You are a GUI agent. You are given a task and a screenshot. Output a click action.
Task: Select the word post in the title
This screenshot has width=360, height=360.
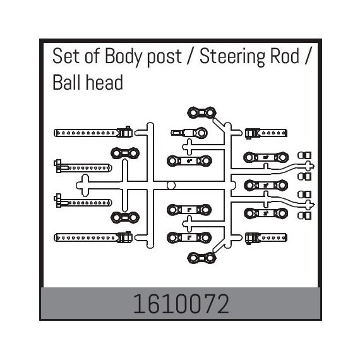pyautogui.click(x=164, y=59)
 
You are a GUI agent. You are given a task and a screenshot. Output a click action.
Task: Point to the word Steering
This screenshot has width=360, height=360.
pyautogui.click(x=232, y=57)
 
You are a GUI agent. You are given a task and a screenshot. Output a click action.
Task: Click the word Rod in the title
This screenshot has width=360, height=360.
pyautogui.click(x=285, y=56)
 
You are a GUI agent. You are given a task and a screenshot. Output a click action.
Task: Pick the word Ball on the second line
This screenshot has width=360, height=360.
pyautogui.click(x=67, y=83)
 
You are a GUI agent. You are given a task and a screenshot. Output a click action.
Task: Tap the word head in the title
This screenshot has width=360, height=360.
pyautogui.click(x=104, y=83)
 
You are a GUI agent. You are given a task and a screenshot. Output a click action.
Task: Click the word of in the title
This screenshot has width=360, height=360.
pyautogui.click(x=92, y=56)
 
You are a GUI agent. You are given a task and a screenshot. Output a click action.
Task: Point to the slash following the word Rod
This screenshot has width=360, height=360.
pyautogui.click(x=307, y=57)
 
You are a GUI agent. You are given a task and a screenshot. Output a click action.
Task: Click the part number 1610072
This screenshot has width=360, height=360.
pyautogui.click(x=181, y=304)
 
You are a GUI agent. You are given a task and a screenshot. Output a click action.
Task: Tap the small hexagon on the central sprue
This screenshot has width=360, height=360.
pyautogui.click(x=171, y=185)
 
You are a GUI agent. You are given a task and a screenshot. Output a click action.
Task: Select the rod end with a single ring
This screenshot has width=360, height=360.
pyautogui.click(x=189, y=133)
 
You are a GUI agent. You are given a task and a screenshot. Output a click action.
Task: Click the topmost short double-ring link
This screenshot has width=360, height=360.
pyautogui.click(x=202, y=112)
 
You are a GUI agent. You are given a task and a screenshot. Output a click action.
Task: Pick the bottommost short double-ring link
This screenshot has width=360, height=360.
pyautogui.click(x=202, y=258)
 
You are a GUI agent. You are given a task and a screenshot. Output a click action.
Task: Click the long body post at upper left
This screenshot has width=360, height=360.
pyautogui.click(x=93, y=133)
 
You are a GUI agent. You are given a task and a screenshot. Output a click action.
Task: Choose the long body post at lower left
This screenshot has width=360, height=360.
pyautogui.click(x=93, y=237)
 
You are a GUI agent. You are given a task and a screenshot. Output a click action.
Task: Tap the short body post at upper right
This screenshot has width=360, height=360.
pyautogui.click(x=266, y=133)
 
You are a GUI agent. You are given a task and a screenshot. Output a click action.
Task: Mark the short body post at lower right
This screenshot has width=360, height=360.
pyautogui.click(x=266, y=238)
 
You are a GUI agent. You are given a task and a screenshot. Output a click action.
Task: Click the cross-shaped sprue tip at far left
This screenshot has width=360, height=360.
pyautogui.click(x=85, y=186)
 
